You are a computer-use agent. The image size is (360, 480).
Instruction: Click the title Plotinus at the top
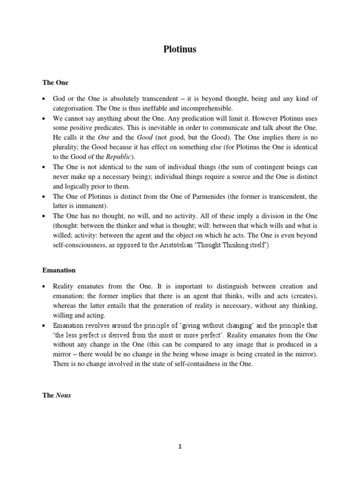(x=180, y=49)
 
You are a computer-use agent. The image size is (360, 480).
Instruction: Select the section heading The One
(x=55, y=82)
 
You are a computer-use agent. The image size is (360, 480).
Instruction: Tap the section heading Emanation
(x=59, y=270)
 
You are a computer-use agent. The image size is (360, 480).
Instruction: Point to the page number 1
(x=180, y=447)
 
